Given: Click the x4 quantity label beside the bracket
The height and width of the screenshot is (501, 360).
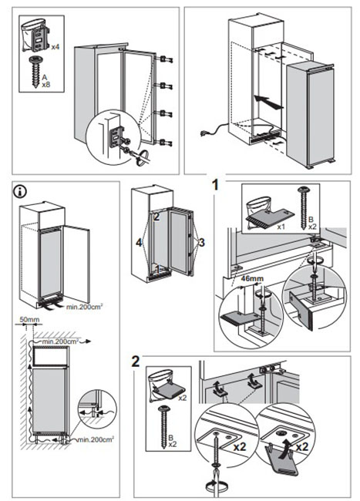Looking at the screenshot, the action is point(56,47).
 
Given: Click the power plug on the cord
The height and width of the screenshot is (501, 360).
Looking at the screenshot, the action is point(204,133).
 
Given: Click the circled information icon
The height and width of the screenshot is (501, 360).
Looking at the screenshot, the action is point(20,191).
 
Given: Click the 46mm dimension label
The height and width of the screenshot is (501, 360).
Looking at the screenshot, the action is point(252,278).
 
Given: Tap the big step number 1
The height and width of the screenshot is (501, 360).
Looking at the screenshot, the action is point(217,185).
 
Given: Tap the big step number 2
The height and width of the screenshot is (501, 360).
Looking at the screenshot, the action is point(136,361).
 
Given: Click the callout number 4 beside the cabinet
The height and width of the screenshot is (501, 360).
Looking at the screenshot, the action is point(139,243).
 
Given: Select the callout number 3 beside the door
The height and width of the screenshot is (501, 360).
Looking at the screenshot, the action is point(201,243).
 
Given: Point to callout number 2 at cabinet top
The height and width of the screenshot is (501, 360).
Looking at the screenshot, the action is point(156,217).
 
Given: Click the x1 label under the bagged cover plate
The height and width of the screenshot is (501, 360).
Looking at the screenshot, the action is point(281,227).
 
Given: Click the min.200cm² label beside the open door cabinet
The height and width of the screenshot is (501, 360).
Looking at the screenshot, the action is point(84,307).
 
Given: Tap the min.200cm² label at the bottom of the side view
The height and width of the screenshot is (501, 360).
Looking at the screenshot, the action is point(96,439).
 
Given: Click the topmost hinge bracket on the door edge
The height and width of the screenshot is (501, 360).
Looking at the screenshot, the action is point(165,59).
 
